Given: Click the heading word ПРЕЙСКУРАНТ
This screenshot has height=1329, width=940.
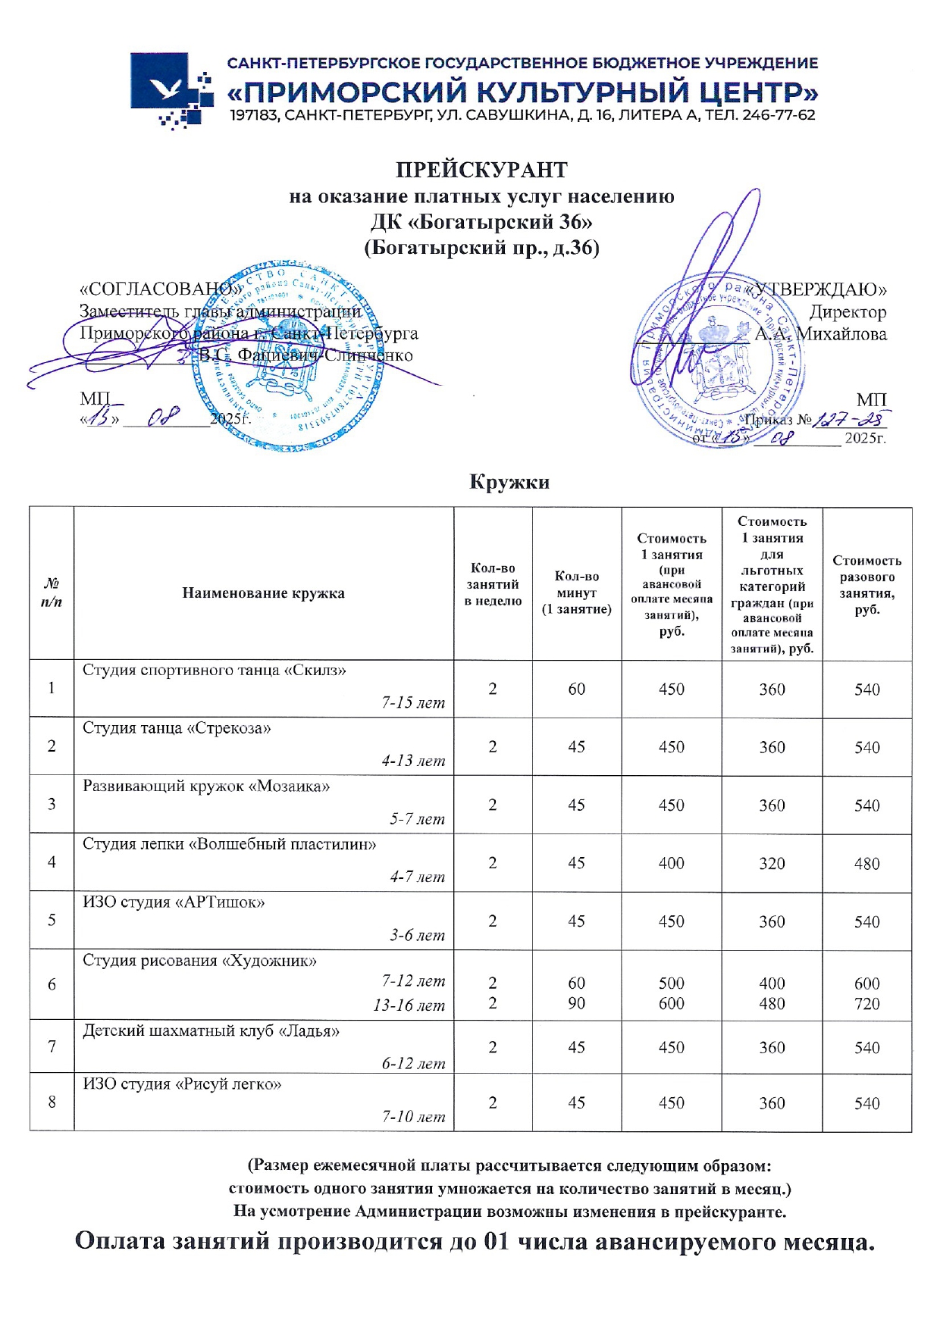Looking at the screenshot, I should [481, 169].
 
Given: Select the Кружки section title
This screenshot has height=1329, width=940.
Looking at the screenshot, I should [509, 483].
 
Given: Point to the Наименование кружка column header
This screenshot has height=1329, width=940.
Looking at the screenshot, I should [263, 593].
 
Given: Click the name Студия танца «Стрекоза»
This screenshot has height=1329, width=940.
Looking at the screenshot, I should [177, 729].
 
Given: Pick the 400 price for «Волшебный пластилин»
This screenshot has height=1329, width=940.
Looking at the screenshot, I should [671, 863].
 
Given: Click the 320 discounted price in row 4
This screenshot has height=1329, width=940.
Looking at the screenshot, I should [772, 864].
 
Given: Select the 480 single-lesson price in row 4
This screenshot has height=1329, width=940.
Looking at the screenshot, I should [866, 864].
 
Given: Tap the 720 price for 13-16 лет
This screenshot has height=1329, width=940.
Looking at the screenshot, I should [866, 1004].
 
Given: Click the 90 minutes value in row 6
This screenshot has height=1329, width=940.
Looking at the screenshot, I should [576, 1003].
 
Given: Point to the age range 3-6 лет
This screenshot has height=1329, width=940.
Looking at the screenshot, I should [417, 936].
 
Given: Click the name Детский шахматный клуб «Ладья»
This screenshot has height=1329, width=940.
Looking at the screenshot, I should [211, 1031].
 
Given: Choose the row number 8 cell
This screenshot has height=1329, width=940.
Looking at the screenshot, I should [52, 1102].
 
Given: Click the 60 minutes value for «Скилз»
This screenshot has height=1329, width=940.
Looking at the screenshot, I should [576, 689].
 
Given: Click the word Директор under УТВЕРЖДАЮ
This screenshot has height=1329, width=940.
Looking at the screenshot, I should [848, 312].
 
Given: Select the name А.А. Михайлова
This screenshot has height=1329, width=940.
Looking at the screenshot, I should [820, 334].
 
